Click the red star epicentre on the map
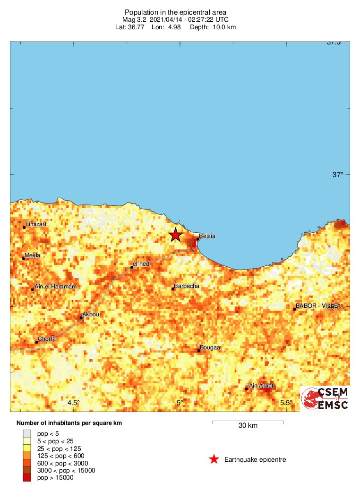pos(176,235)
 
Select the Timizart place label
pos(36,224)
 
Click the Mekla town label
pos(32,255)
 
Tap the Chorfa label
pos(47,339)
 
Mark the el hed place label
pos(141,264)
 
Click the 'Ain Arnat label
pos(261,386)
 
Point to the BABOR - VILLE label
pos(317,306)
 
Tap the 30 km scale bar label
pos(248,426)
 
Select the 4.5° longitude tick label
pos(73,403)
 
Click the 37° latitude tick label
pos(338,175)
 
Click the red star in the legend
pos(214,459)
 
